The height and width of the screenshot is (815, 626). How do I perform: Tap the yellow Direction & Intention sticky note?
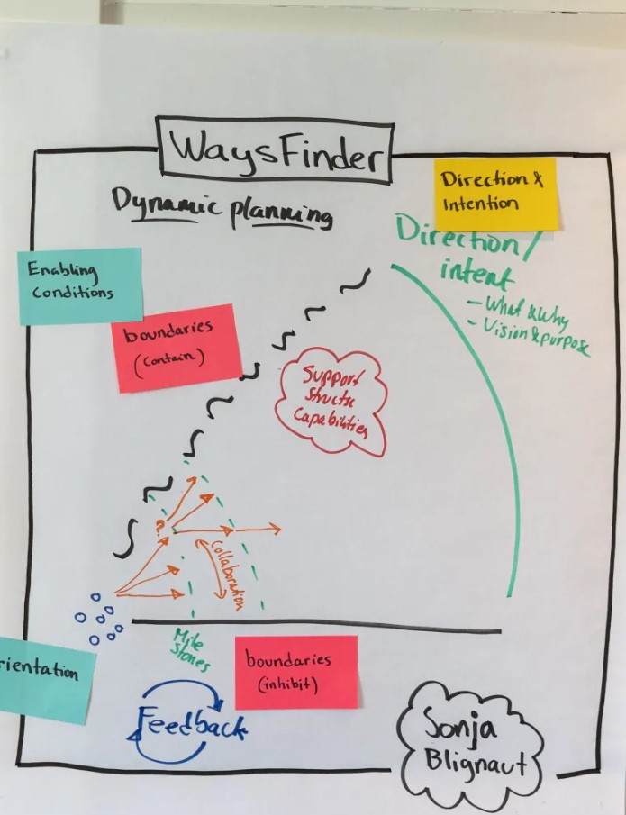tap(494, 193)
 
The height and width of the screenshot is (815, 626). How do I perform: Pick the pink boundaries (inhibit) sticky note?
tap(295, 672)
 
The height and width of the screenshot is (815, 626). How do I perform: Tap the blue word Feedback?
tap(191, 721)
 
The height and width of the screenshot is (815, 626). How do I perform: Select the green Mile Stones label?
tap(191, 651)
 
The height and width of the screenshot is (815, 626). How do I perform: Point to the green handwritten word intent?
tap(476, 273)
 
